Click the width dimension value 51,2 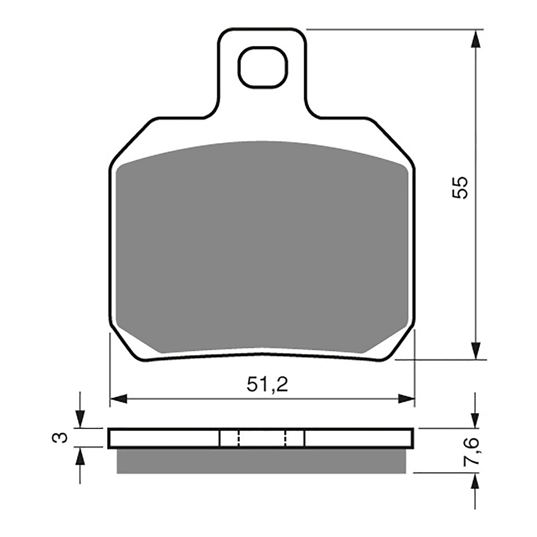click(267, 385)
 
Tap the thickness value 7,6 click(470, 451)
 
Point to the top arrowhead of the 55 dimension click(475, 40)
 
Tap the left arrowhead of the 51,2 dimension click(119, 399)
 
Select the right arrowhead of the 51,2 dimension click(406, 399)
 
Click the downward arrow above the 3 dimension click(80, 419)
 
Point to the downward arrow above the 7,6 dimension click(475, 419)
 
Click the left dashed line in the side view click(238, 438)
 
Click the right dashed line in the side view click(285, 438)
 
